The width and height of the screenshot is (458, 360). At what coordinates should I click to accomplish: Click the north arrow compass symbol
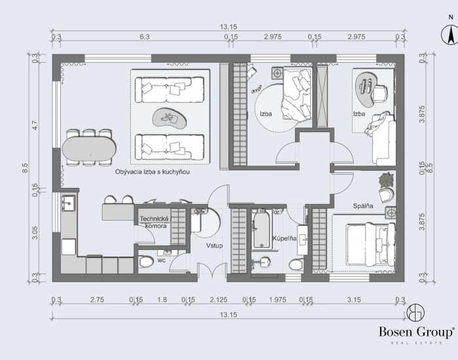[x=450, y=35]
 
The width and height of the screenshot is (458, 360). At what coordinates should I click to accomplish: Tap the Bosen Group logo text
[x=416, y=332]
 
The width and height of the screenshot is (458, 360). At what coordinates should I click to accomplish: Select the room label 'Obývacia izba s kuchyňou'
[x=152, y=171]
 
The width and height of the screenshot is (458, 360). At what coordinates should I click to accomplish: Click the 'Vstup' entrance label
[x=215, y=245]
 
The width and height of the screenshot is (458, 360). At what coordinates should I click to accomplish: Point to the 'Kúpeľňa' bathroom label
[x=285, y=238]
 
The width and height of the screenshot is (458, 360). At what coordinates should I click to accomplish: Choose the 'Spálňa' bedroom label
[x=362, y=206]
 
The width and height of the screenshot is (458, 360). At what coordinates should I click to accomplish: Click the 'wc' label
[x=162, y=260]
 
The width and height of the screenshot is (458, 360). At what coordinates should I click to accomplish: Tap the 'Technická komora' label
[x=155, y=222]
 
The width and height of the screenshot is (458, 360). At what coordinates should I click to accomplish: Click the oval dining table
[x=89, y=149]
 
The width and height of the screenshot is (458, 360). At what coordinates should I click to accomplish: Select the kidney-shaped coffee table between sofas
[x=169, y=118]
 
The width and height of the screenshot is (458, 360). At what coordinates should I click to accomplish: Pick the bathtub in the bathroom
[x=262, y=229]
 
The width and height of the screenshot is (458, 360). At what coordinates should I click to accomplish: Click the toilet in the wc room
[x=146, y=262]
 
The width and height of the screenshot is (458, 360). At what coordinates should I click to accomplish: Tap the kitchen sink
[x=69, y=203]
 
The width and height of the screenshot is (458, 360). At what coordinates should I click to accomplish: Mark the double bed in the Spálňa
[x=371, y=245]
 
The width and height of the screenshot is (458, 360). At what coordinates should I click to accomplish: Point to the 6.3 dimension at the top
[x=145, y=37]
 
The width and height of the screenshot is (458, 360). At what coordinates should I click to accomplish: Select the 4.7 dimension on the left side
[x=35, y=126]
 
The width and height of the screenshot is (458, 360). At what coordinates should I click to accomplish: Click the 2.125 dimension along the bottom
[x=219, y=300]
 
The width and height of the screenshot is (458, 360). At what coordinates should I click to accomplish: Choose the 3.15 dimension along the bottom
[x=354, y=300]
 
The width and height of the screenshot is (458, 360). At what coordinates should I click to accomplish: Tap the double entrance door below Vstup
[x=213, y=270]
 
